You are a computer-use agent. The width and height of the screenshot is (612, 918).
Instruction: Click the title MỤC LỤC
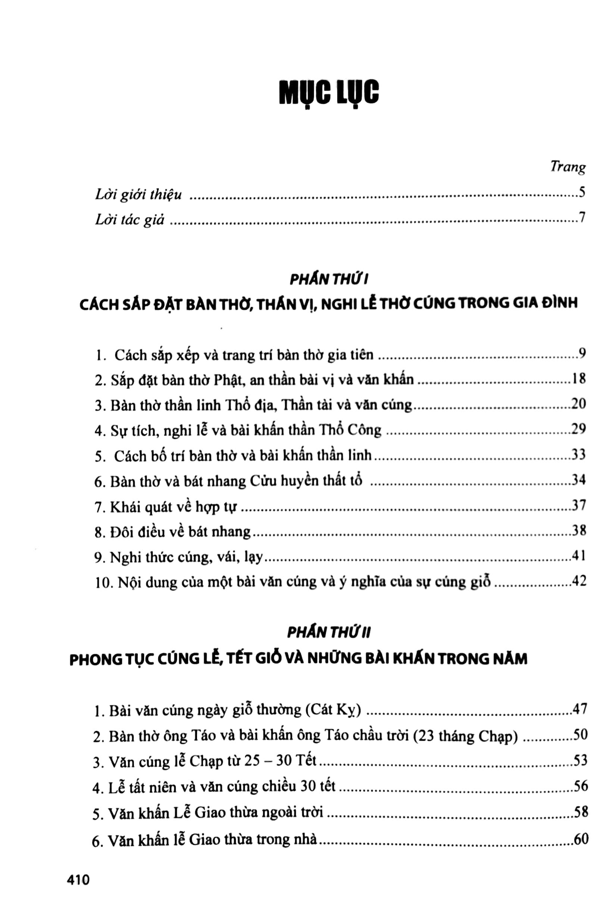click(x=329, y=93)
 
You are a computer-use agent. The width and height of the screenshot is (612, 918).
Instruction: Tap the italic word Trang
click(x=568, y=167)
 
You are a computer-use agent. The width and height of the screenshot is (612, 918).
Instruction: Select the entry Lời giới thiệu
click(x=138, y=194)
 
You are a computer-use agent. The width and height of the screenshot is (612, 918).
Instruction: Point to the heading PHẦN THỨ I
click(x=329, y=280)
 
